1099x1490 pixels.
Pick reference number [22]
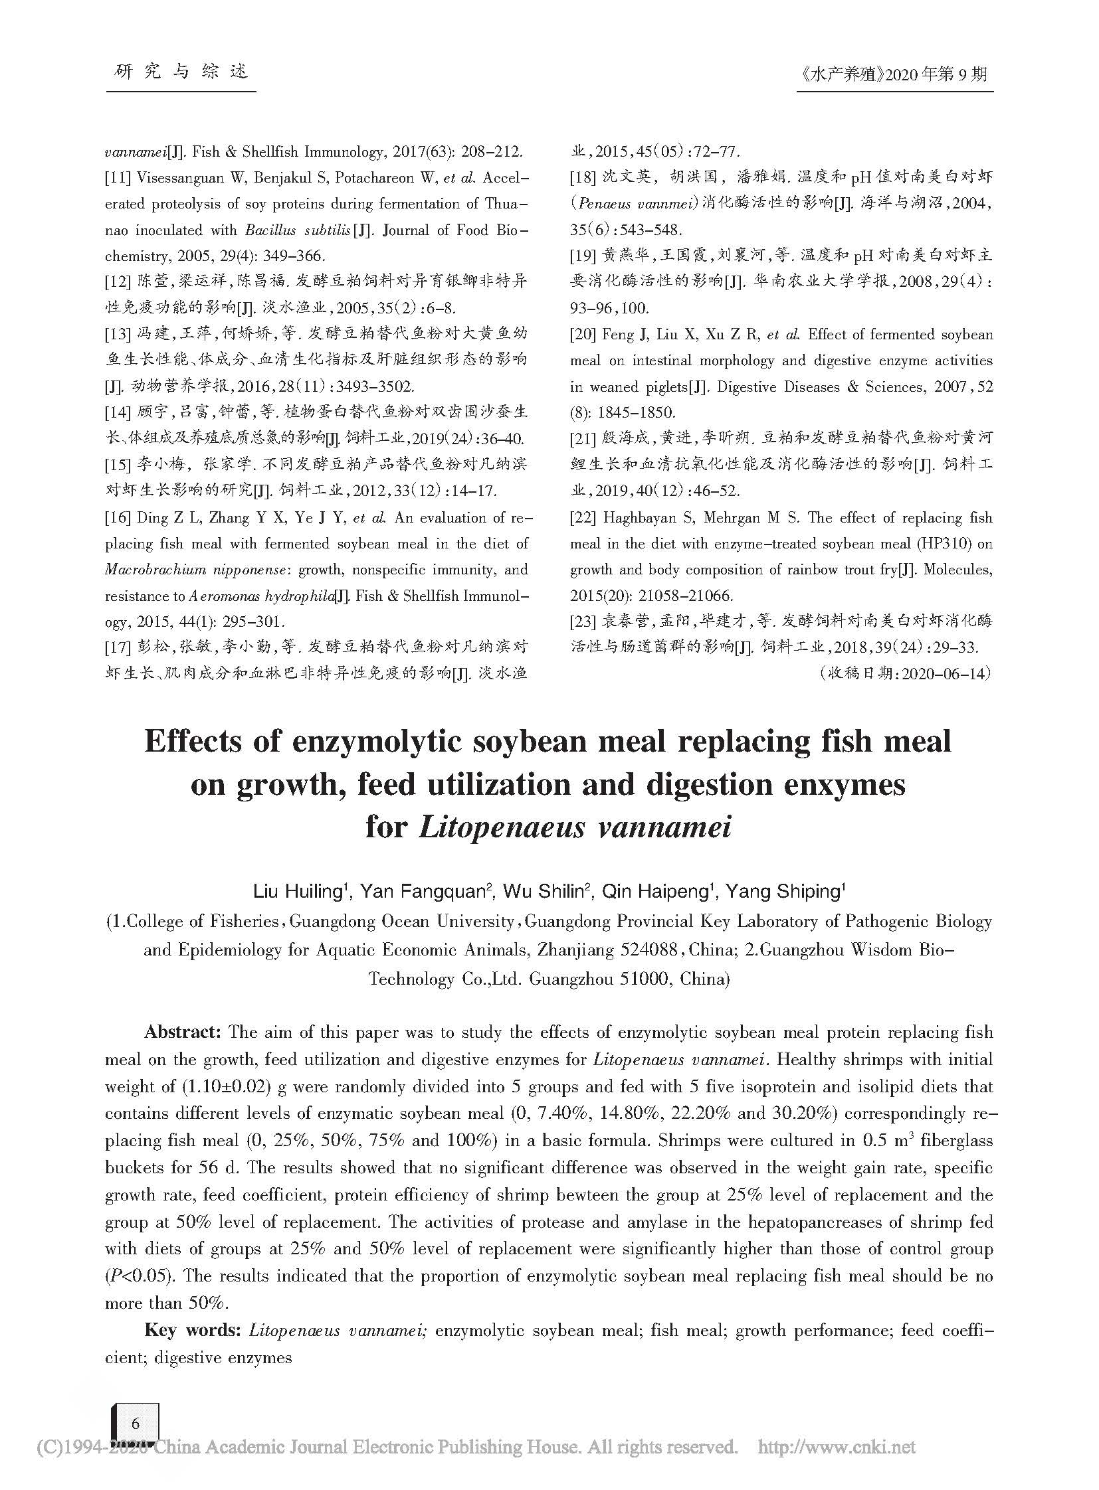583,518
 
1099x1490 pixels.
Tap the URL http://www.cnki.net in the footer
837,1446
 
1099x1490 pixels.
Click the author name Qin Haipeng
658,892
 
